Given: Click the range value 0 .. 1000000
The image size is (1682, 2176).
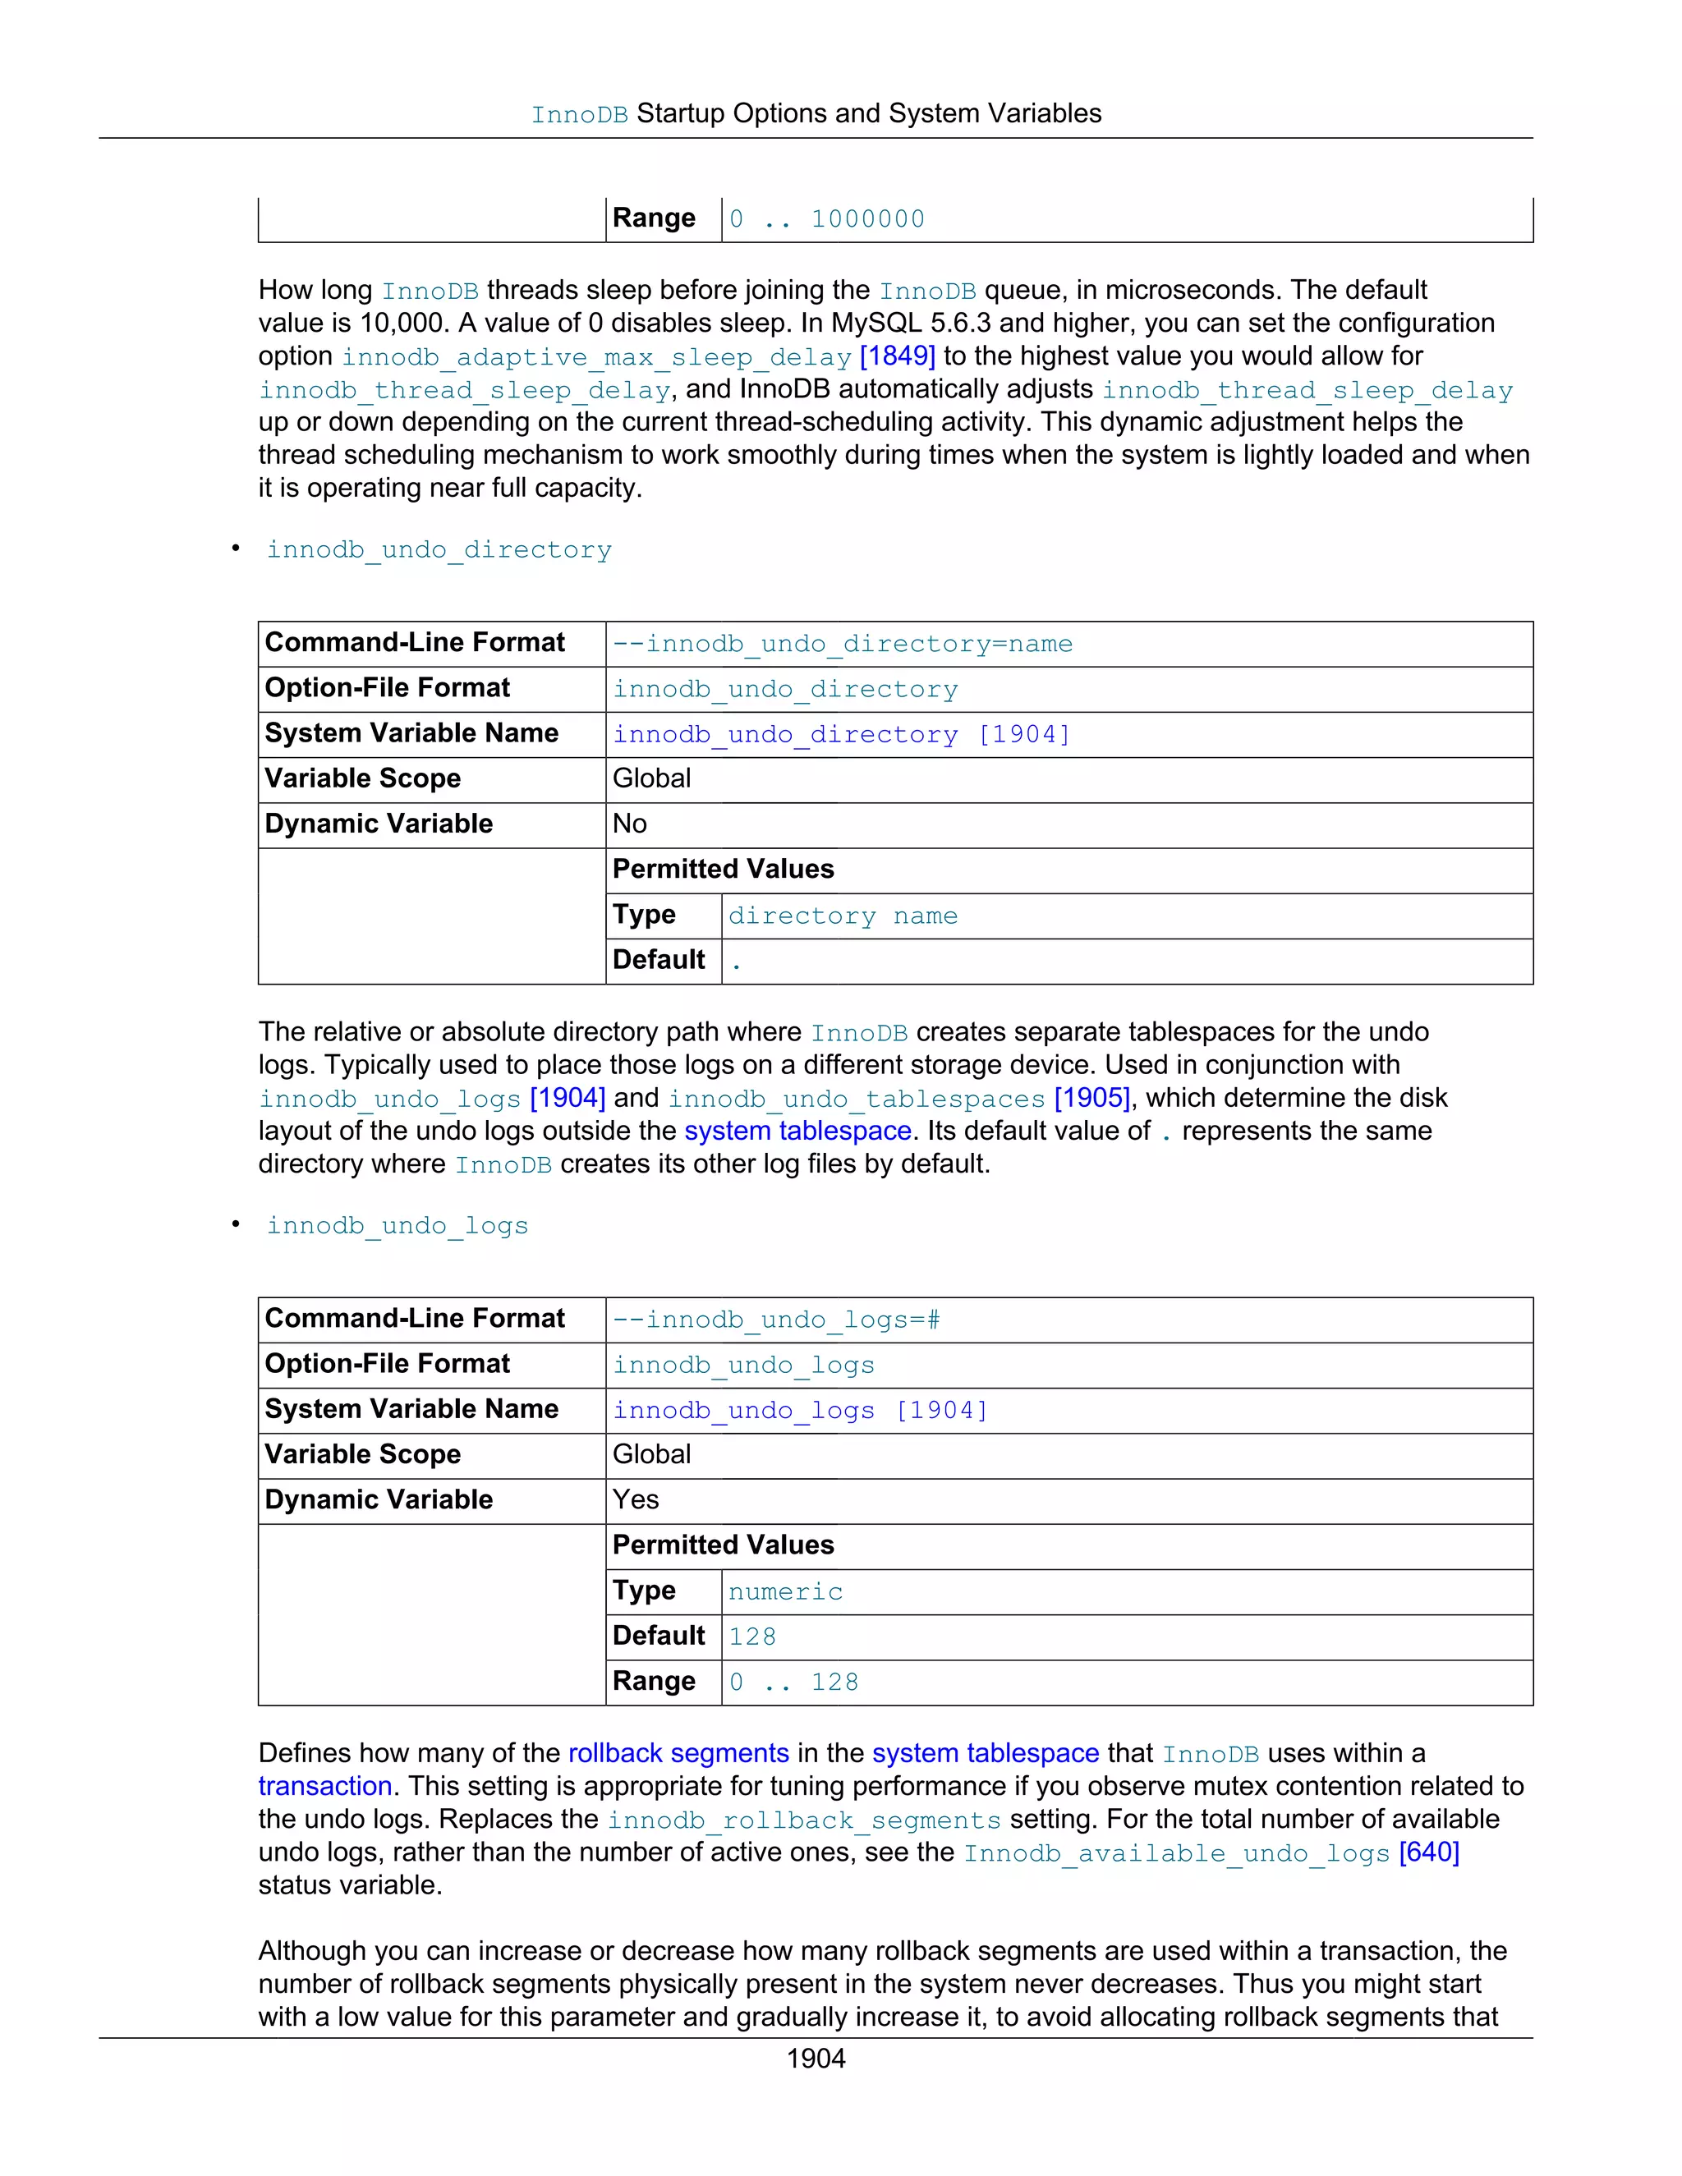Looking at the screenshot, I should point(827,219).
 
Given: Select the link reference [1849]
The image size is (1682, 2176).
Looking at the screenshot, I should point(897,356).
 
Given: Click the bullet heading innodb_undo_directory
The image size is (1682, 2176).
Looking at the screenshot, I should point(439,550).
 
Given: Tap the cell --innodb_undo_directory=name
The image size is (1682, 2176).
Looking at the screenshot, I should point(842,644).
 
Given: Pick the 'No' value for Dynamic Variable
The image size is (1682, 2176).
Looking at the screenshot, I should point(630,824).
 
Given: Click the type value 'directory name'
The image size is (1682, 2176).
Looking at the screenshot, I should point(842,916).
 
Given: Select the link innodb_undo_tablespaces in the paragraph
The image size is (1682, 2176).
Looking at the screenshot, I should point(856,1099).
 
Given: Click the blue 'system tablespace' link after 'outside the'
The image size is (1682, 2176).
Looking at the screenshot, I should point(797,1131).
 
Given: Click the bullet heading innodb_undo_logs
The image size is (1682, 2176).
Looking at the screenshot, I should point(397,1225).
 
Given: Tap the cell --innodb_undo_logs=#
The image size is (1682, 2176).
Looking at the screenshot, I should point(775,1320).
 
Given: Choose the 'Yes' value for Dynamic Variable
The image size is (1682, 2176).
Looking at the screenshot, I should point(636,1499).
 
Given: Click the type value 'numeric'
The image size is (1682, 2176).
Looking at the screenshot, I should point(785,1591).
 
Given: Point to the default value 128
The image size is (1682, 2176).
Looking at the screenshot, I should point(751,1636).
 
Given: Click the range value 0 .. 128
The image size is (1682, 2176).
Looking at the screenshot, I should point(793,1682).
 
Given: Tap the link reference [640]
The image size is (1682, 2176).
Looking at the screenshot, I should point(1428,1852).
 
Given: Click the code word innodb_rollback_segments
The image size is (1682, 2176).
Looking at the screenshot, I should point(804,1820).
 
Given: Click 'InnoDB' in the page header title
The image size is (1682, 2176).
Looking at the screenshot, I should point(579,115).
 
